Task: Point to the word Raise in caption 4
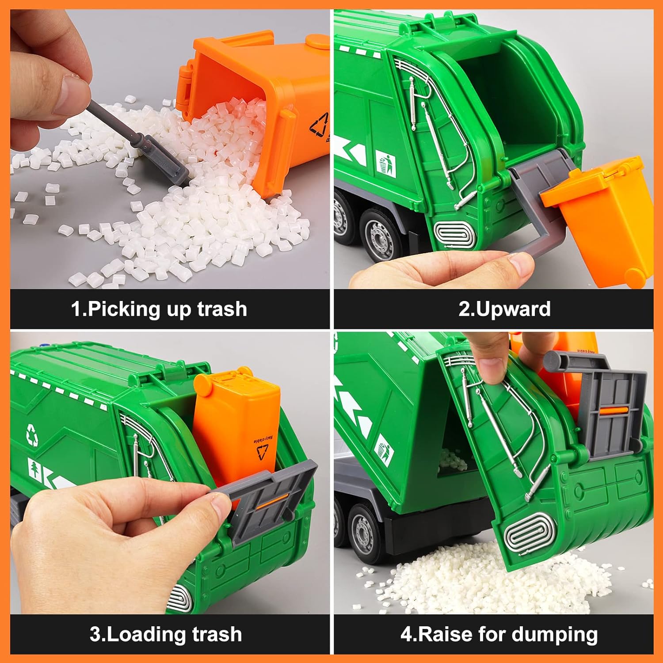[445, 634]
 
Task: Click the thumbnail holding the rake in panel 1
[71, 90]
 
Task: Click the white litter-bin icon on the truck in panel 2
[386, 164]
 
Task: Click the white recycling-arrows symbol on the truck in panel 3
[32, 434]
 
